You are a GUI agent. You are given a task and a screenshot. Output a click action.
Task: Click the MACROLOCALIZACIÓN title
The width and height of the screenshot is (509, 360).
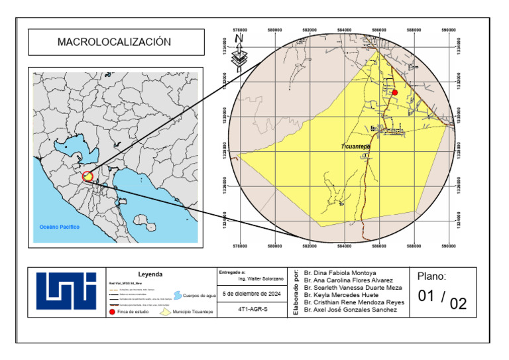click(114, 42)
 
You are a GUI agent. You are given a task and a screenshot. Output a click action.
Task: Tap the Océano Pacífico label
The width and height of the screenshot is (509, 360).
click(60, 227)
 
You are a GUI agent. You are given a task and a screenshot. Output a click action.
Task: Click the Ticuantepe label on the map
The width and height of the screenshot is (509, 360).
click(355, 146)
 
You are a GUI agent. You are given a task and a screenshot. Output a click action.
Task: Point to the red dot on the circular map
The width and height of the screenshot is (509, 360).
click(395, 93)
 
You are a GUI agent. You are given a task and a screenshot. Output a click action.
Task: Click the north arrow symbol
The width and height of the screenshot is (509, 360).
click(240, 53)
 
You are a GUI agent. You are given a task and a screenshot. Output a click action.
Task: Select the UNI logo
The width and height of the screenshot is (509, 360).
click(66, 291)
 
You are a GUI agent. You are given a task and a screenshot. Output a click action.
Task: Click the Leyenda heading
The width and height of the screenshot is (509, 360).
click(150, 274)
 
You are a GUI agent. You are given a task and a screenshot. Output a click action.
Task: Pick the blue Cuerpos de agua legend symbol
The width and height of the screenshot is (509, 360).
click(177, 295)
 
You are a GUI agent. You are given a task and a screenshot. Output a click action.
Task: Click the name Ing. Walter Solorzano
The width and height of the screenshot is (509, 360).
click(260, 279)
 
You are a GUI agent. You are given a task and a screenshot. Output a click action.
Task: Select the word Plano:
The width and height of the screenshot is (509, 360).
click(432, 277)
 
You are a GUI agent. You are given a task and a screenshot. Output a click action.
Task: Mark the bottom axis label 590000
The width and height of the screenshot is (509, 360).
click(449, 247)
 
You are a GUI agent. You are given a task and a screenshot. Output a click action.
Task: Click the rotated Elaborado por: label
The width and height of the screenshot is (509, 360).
click(295, 291)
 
